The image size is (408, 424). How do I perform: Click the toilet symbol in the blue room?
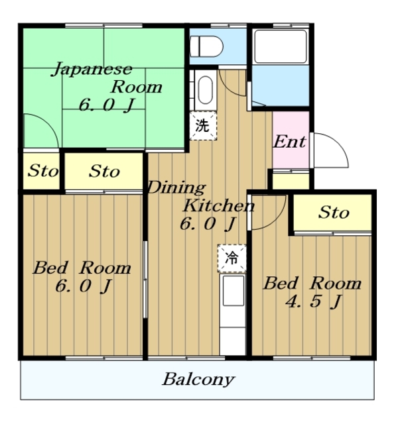tap(206, 46)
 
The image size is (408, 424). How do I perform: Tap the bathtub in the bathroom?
tap(281, 46)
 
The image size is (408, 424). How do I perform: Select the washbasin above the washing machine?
tap(205, 90)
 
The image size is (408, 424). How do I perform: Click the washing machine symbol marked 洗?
tap(203, 125)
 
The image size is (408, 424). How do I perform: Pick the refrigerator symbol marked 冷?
tap(232, 258)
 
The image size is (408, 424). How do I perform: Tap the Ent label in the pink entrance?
tap(290, 141)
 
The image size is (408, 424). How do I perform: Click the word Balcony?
tap(198, 380)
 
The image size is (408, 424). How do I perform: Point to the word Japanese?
tap(92, 69)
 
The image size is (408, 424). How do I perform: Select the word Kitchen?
tap(219, 205)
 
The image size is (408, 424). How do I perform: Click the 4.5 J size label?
tap(314, 301)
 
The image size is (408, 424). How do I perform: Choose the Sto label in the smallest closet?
tap(43, 171)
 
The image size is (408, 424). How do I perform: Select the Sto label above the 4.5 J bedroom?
tap(334, 212)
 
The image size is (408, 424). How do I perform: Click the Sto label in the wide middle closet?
tap(105, 171)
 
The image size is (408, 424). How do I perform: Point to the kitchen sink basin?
tap(233, 291)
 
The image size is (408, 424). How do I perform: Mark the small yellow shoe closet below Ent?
tap(291, 181)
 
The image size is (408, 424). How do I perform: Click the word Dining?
tap(176, 187)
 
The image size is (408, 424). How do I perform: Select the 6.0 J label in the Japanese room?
tap(107, 105)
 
